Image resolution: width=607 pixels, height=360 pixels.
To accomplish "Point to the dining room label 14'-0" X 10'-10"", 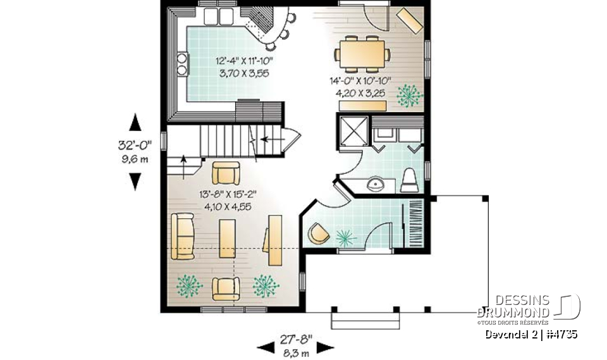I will [360, 81].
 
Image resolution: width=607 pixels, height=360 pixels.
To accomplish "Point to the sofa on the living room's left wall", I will [183, 237].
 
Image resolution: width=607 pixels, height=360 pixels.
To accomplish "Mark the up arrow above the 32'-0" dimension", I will [135, 121].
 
